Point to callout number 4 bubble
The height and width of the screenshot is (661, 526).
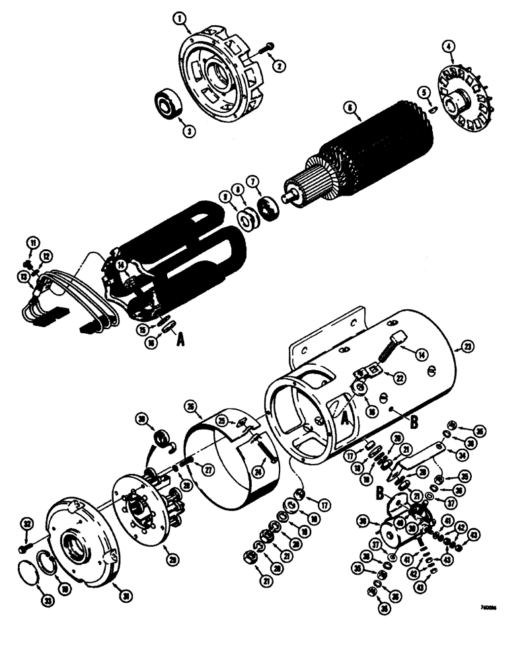pyautogui.click(x=449, y=46)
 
